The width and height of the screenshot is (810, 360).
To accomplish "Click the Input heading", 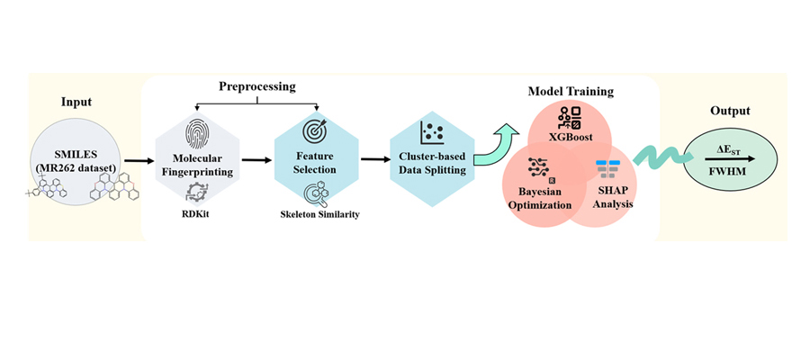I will coord(76,102).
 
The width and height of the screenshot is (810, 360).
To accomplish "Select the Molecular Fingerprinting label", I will coord(197,166).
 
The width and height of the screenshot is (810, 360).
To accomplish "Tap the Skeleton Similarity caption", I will coord(316,215).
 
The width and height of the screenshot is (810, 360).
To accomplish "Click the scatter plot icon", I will coord(432,133).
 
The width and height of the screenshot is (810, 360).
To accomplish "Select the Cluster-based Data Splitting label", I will coord(433,164).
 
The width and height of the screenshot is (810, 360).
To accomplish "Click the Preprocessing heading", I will coord(256,85).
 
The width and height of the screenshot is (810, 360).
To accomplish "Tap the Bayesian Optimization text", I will coord(539,199).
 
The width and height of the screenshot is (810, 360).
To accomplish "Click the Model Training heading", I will coord(571,91).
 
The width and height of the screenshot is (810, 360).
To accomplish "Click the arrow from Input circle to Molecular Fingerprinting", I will coord(138,163).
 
